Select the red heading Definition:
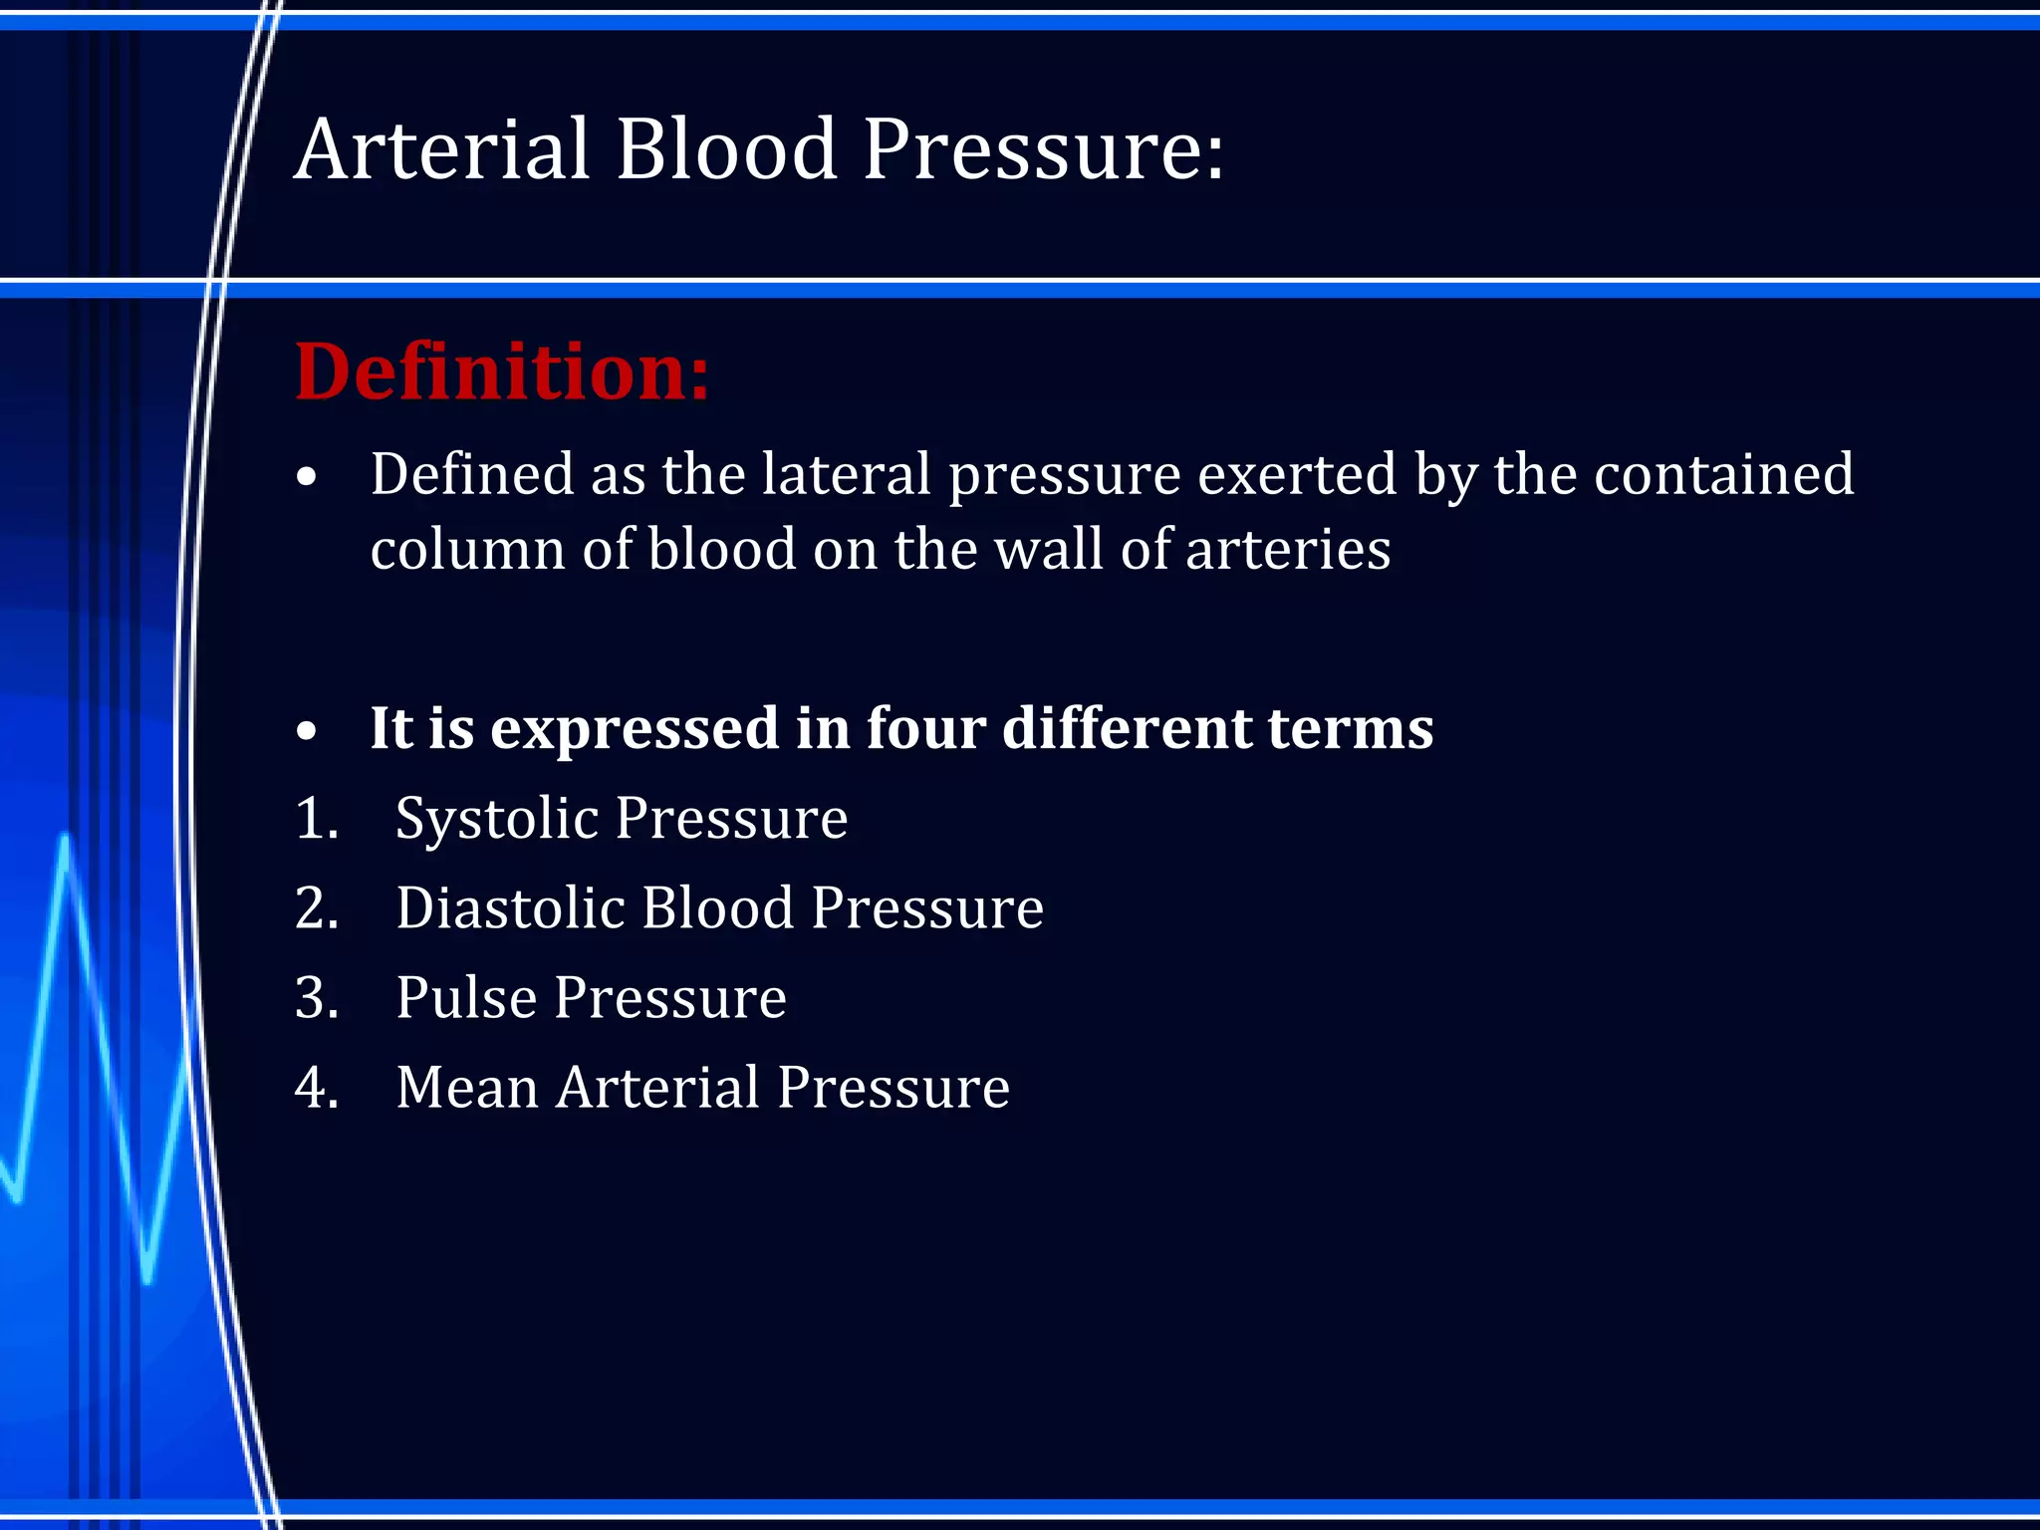pyautogui.click(x=502, y=372)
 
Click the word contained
pyautogui.click(x=1723, y=474)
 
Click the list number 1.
pyautogui.click(x=316, y=819)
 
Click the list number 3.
pyautogui.click(x=316, y=998)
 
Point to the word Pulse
pyautogui.click(x=464, y=998)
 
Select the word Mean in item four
pyautogui.click(x=466, y=1088)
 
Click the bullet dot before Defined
pyautogui.click(x=307, y=477)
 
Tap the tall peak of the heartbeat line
pyautogui.click(x=66, y=839)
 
